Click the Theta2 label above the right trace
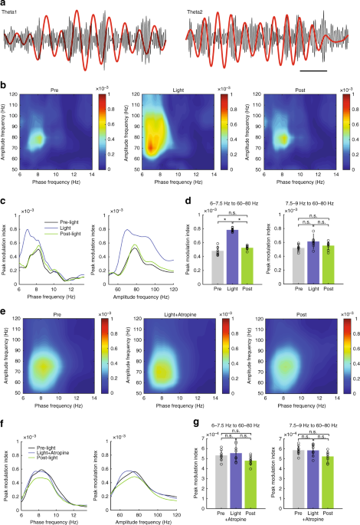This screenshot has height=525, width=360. tap(198, 12)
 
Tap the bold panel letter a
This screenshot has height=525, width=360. tap(4, 4)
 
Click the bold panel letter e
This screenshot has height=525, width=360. tap(4, 291)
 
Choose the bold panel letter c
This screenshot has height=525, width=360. tap(4, 205)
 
